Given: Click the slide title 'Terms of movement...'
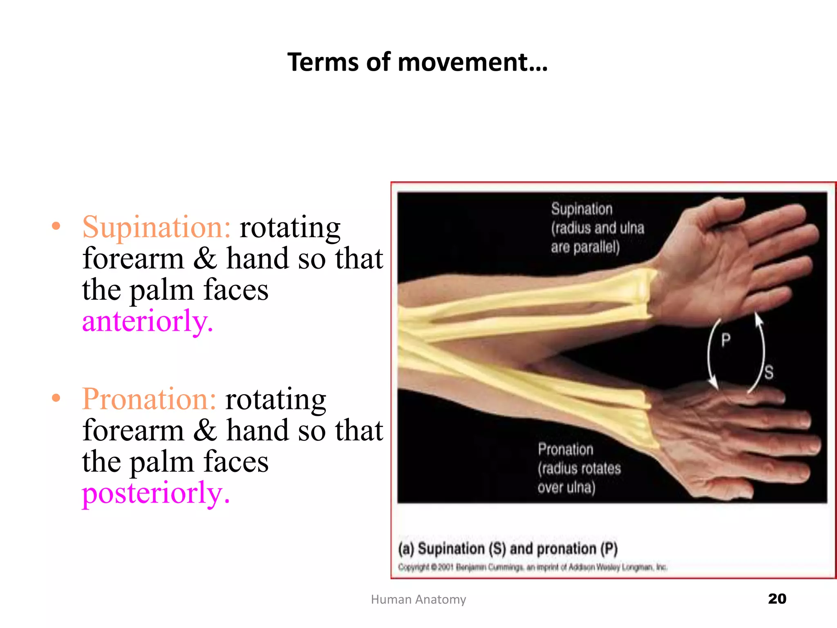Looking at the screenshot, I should (x=417, y=63).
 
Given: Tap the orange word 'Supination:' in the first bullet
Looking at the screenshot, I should (x=157, y=227).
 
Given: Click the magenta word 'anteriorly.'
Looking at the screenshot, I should (x=148, y=321).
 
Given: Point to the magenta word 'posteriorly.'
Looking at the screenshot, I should (x=156, y=493).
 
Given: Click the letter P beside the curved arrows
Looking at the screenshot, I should (x=726, y=340).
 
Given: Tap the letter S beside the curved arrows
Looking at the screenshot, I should (x=769, y=372).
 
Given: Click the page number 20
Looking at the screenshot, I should (x=777, y=599).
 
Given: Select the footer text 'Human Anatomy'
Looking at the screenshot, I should (x=418, y=599).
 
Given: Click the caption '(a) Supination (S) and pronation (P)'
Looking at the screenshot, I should (x=508, y=549).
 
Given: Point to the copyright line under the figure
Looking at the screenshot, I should (x=533, y=567).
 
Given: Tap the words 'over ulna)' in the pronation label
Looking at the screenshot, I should (x=566, y=487).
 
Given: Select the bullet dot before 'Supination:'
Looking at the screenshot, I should (x=56, y=226).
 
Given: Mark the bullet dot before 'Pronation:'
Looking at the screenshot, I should (x=56, y=398).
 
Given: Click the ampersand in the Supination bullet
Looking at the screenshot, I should (x=205, y=259).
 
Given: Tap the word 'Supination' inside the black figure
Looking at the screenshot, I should (x=582, y=209).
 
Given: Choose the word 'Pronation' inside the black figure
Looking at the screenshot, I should (x=565, y=449).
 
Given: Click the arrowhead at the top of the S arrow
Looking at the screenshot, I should (x=758, y=319).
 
